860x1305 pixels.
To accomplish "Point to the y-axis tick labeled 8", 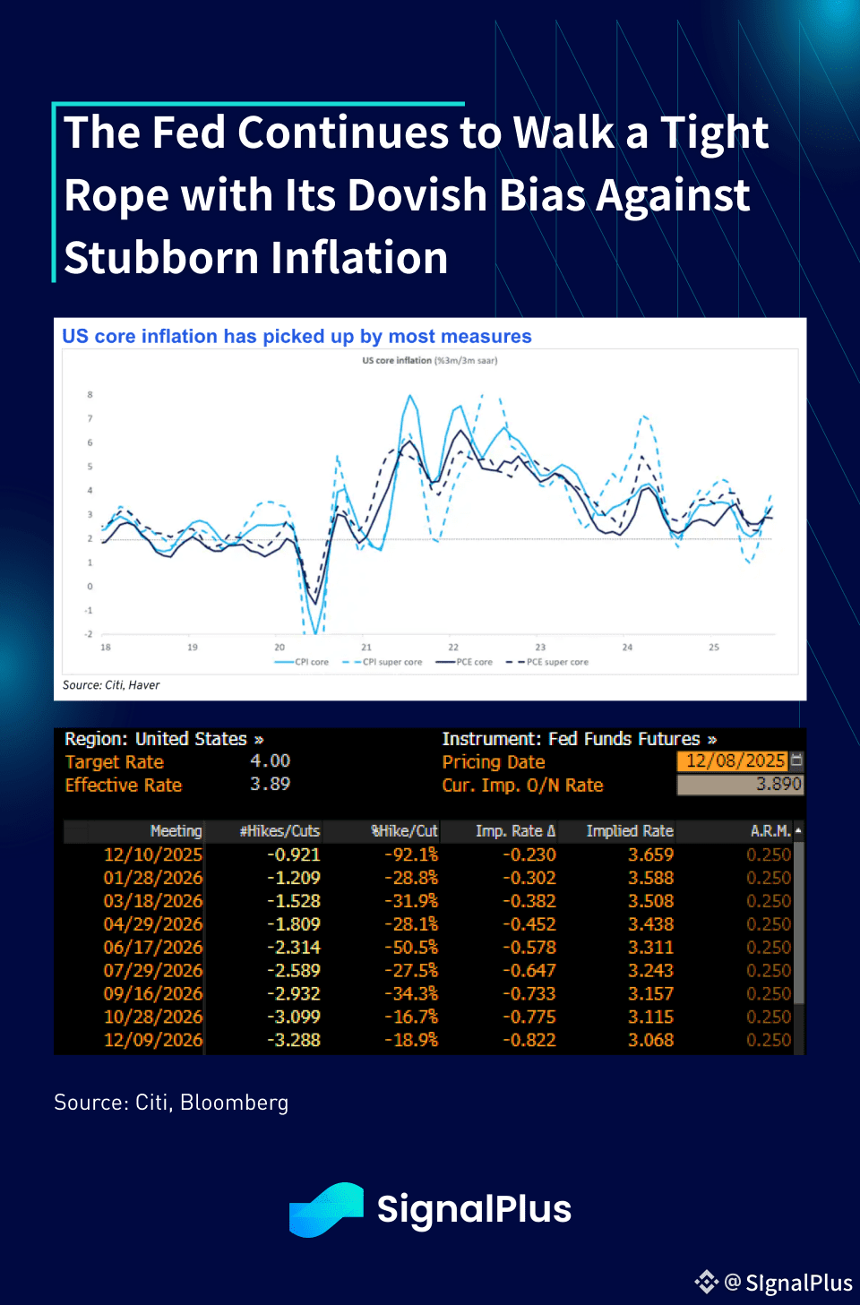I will point(90,395).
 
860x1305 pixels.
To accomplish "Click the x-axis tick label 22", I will point(453,647).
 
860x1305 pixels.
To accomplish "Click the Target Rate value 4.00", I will point(270,761).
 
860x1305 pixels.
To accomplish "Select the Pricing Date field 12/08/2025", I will point(735,761).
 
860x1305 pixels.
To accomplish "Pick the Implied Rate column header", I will point(629,831).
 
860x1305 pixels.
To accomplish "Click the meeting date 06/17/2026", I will point(153,948).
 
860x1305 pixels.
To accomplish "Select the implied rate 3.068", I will point(650,1041).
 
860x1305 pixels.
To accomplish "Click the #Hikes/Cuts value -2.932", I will point(293,994).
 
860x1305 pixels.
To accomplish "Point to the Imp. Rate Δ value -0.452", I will point(529,924).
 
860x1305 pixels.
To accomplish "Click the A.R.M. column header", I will point(770,831).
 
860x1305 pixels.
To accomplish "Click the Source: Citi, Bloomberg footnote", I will point(171,1103).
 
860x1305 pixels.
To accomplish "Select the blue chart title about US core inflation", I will point(297,337).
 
